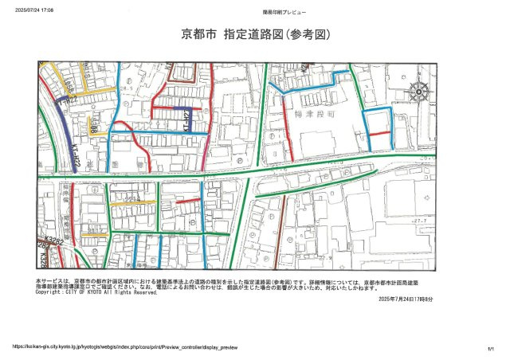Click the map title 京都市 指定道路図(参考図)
(255, 36)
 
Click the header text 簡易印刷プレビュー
(283, 11)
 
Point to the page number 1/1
(490, 347)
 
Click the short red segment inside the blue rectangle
(379, 132)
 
